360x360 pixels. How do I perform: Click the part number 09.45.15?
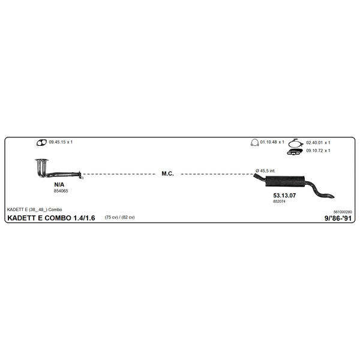57,142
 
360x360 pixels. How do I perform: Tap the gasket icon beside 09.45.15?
41,143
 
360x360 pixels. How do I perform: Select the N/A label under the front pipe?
59,185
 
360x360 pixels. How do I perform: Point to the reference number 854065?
61,191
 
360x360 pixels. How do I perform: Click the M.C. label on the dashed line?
167,174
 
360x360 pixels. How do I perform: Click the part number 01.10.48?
268,142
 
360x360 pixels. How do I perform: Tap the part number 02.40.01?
314,143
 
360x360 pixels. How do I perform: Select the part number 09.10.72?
314,151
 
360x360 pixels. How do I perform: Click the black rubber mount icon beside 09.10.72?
295,152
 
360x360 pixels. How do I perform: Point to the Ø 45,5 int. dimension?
265,171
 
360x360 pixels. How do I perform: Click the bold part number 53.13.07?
284,196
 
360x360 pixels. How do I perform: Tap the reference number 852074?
279,202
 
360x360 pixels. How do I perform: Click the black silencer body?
286,181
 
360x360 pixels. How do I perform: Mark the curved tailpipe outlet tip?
332,197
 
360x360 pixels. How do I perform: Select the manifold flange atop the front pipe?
42,160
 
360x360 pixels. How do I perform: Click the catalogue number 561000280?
343,212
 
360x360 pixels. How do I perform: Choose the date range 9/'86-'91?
338,218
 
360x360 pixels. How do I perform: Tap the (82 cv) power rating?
128,217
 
